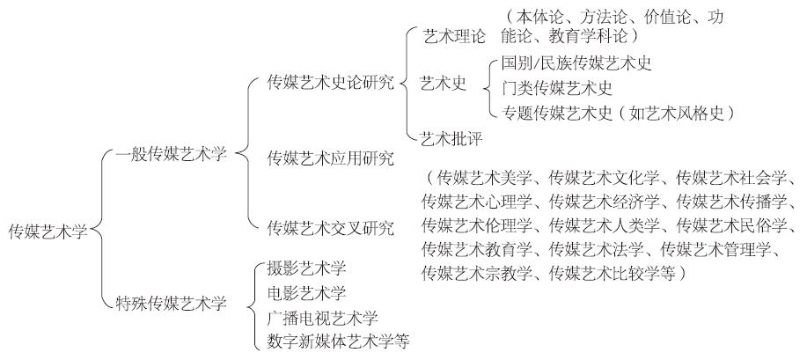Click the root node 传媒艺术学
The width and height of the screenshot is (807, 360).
click(48, 231)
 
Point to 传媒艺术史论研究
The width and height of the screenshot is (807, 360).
click(330, 83)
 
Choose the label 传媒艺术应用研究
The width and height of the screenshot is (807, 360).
click(330, 158)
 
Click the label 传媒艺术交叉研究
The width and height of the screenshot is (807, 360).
click(330, 228)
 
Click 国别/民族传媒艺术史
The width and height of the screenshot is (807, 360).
click(576, 63)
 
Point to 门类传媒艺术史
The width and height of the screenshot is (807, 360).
click(556, 88)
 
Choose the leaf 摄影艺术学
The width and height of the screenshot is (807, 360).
click(305, 268)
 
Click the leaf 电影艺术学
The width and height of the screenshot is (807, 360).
click(305, 292)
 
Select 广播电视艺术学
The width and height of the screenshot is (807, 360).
click(321, 316)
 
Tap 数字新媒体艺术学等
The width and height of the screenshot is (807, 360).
click(337, 340)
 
